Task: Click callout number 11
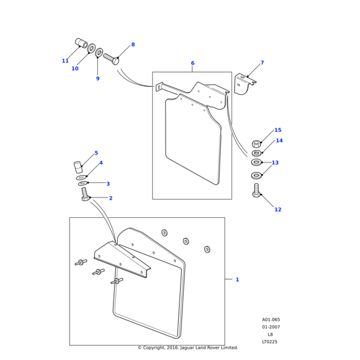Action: (65, 61)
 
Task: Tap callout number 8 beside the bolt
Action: (133, 44)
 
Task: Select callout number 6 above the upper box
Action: (193, 63)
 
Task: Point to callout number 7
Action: (262, 62)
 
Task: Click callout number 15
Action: (277, 130)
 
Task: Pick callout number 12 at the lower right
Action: (277, 209)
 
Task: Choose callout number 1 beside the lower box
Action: (237, 280)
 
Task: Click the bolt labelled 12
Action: (256, 191)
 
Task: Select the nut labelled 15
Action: (256, 143)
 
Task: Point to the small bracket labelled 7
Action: (245, 84)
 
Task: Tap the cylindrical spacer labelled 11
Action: (81, 43)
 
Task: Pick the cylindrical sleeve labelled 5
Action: (77, 166)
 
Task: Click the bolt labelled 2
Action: (85, 194)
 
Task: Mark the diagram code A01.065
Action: (271, 320)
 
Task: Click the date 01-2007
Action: (271, 327)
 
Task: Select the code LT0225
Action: (270, 342)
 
